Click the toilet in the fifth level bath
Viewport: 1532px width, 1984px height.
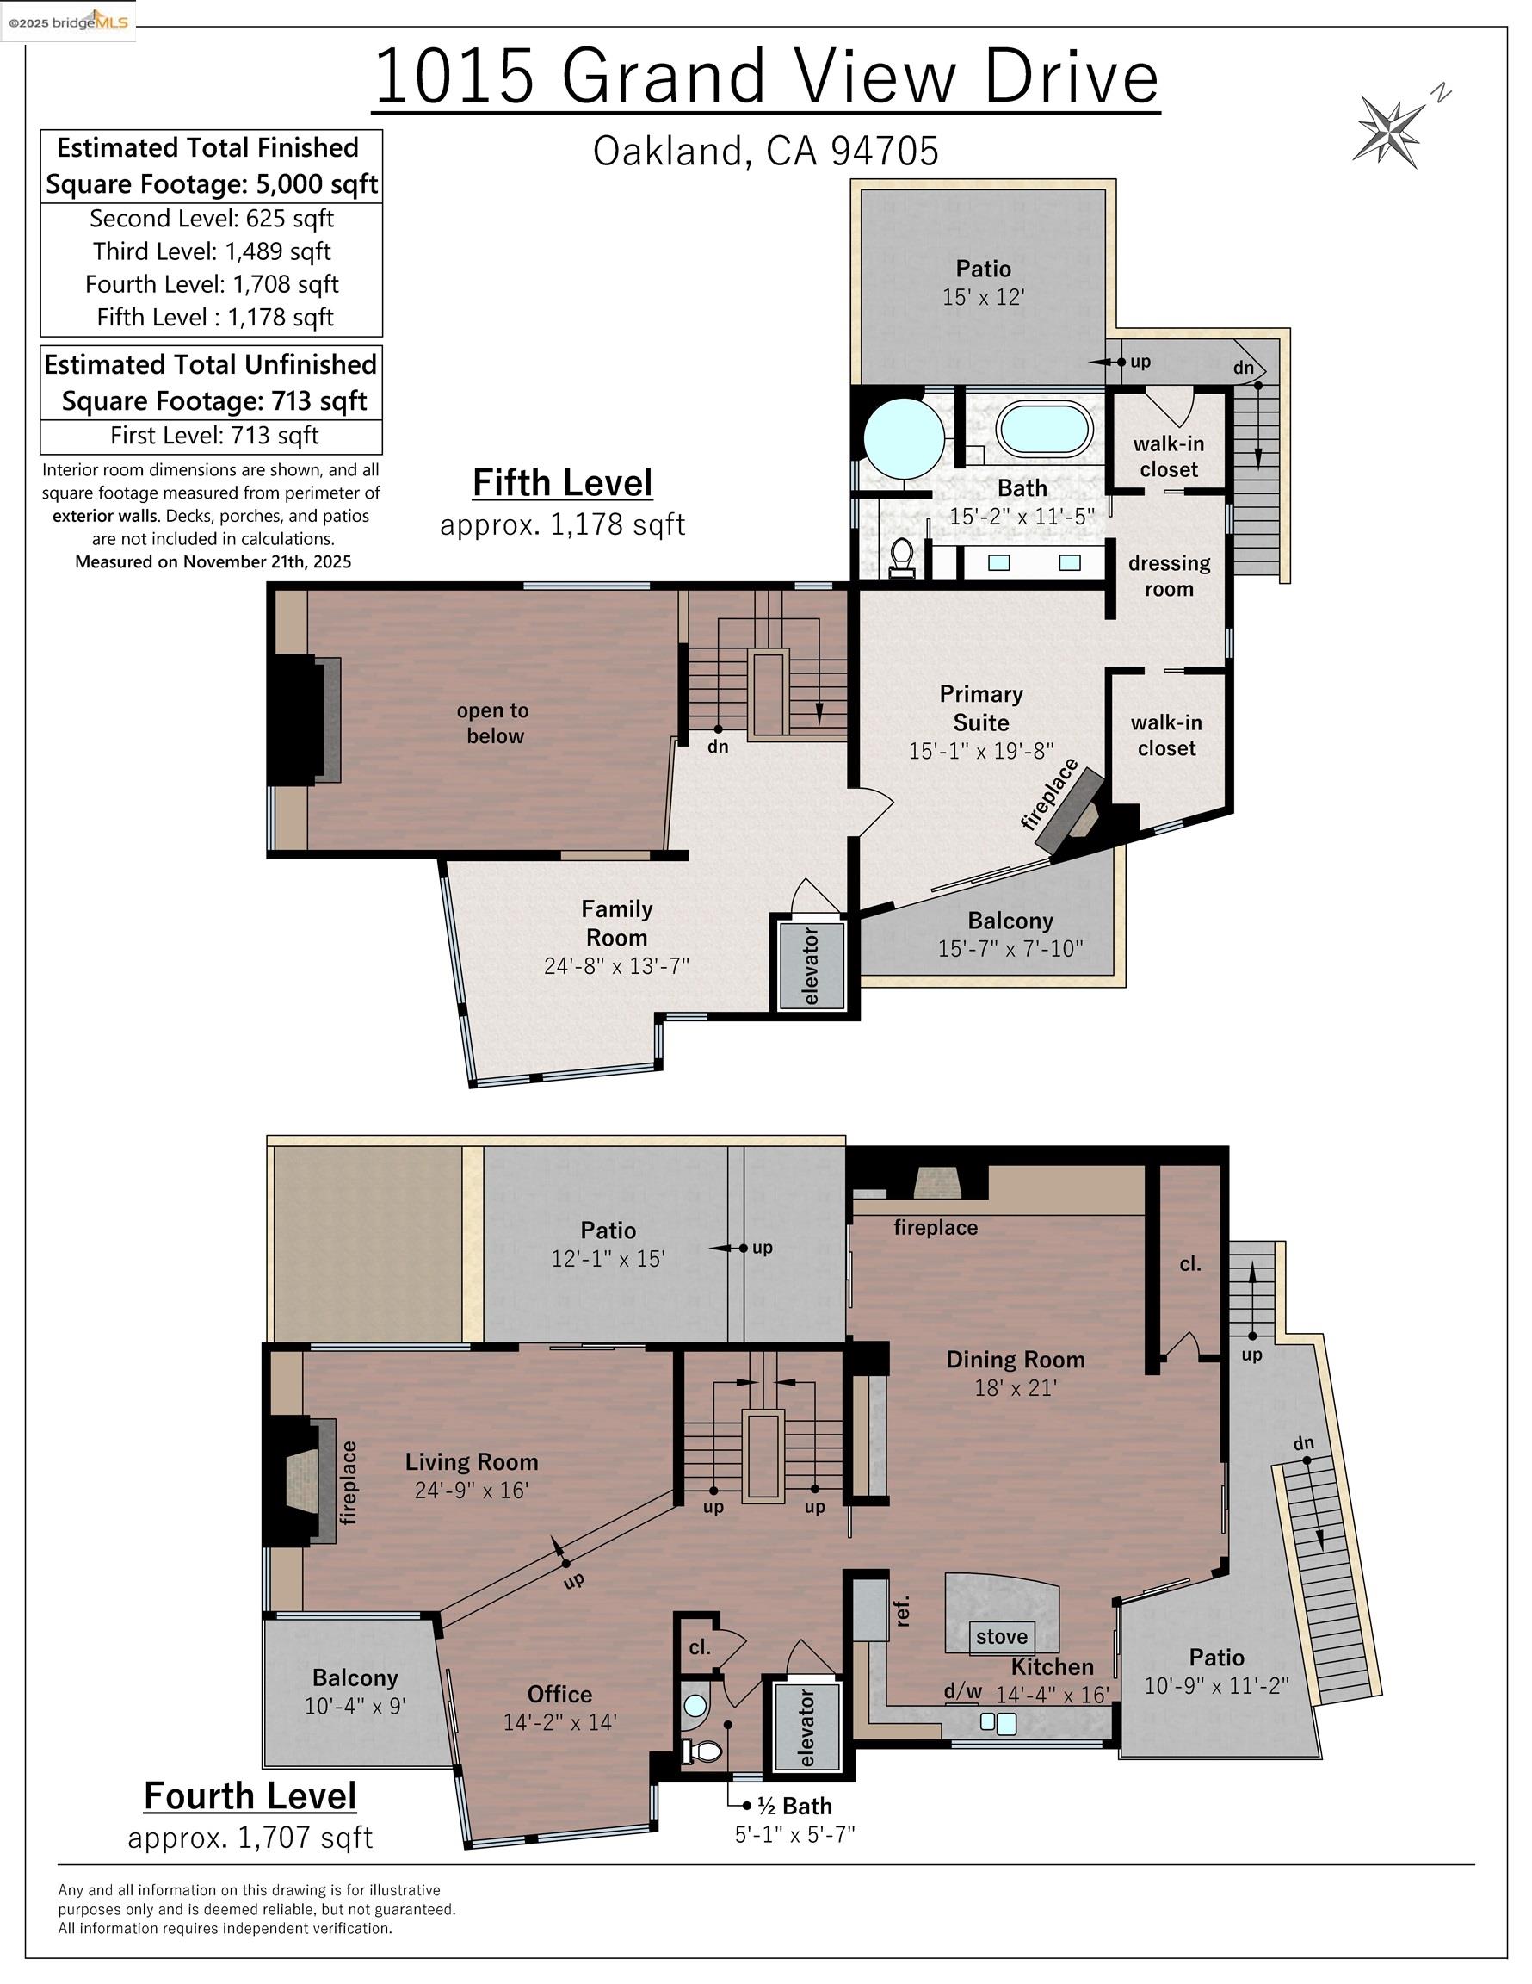pos(903,556)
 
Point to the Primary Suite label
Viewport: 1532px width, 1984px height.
pos(981,708)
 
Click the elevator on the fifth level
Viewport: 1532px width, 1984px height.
pos(811,965)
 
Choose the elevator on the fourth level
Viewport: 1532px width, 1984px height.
pos(807,1727)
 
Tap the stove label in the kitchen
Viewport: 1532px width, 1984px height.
pos(1002,1636)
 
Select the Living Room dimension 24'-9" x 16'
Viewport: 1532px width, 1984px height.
pos(472,1490)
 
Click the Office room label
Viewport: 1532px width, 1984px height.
pos(559,1693)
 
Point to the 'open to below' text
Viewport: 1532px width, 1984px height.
pos(494,723)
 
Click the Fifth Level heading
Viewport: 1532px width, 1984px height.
pos(562,482)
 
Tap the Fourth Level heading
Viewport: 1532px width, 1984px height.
pos(250,1795)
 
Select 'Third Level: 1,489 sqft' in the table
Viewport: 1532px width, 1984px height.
pos(212,251)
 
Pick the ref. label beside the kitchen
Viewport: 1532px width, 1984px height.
pos(902,1610)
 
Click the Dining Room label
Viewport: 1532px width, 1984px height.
pos(1015,1359)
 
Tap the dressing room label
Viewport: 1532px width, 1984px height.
pos(1169,576)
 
